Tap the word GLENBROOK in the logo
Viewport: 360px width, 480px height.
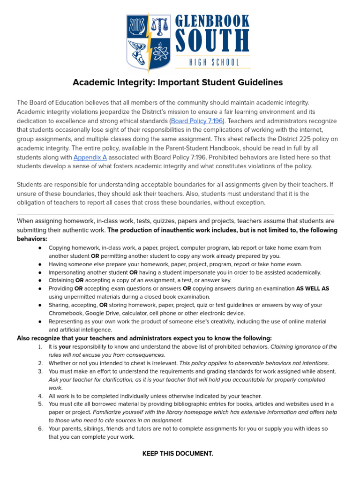tap(212, 21)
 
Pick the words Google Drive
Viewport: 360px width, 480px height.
tap(106, 313)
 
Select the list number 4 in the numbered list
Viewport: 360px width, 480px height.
tap(40, 396)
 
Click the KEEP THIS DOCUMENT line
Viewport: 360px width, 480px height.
tap(178, 454)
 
